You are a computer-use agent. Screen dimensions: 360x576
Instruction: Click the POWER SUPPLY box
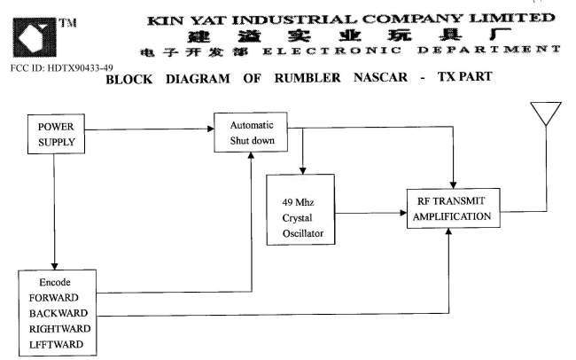(55, 133)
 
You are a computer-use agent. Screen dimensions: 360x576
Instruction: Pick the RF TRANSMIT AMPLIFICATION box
(452, 209)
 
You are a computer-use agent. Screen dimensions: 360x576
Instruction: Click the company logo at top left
(33, 36)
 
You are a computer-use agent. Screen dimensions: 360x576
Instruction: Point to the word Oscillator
(301, 234)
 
